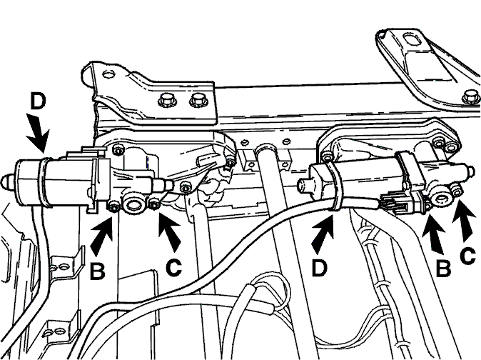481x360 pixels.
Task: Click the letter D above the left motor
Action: coord(38,101)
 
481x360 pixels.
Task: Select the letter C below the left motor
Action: coord(173,267)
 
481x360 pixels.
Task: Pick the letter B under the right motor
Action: coord(443,269)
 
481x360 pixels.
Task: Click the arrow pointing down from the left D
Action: coord(37,133)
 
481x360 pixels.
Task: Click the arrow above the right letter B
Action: coord(433,234)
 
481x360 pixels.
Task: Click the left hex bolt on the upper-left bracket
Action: coord(165,101)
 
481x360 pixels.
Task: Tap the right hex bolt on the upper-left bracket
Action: coord(198,101)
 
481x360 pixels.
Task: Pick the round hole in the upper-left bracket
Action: coord(108,74)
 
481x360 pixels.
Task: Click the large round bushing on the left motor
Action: coord(133,204)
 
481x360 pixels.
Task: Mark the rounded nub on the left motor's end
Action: coord(6,181)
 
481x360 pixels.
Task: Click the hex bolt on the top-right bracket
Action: coord(470,96)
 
